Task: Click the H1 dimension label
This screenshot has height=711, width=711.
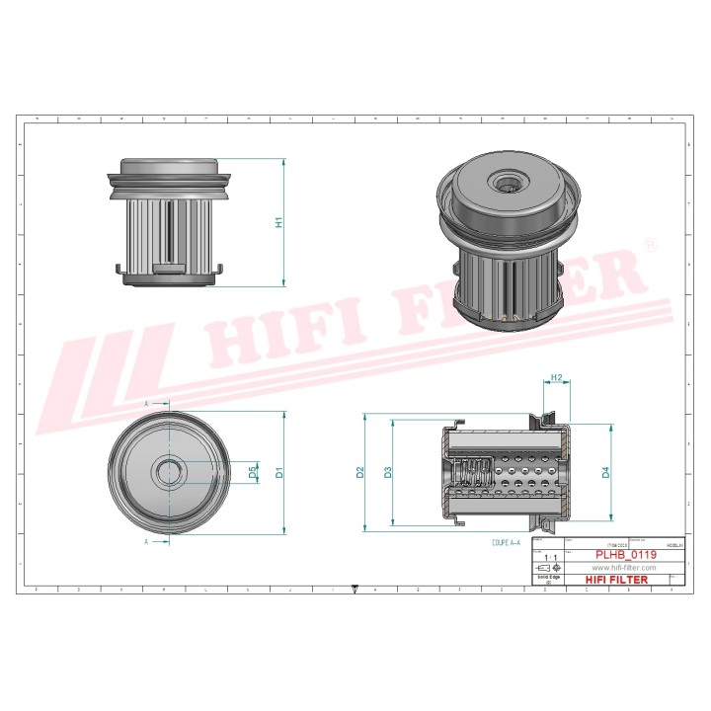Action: (x=279, y=222)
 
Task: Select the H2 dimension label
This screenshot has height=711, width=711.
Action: (x=557, y=378)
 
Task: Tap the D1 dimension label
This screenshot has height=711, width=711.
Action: (x=279, y=472)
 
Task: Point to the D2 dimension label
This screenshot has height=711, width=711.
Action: (x=360, y=472)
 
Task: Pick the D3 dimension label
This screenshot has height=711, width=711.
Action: (x=388, y=472)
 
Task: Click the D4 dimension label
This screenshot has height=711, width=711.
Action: (x=606, y=472)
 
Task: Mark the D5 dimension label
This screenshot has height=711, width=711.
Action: (x=253, y=473)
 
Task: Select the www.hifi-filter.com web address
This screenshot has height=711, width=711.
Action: (x=624, y=568)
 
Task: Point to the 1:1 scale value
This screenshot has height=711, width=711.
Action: (x=549, y=558)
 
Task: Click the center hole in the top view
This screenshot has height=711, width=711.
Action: (x=168, y=472)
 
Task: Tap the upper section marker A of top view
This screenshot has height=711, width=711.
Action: (x=147, y=405)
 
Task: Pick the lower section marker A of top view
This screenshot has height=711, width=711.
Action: (x=147, y=541)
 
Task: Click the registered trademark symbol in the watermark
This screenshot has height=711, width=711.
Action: (x=649, y=243)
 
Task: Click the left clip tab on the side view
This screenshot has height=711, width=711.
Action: (x=118, y=267)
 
